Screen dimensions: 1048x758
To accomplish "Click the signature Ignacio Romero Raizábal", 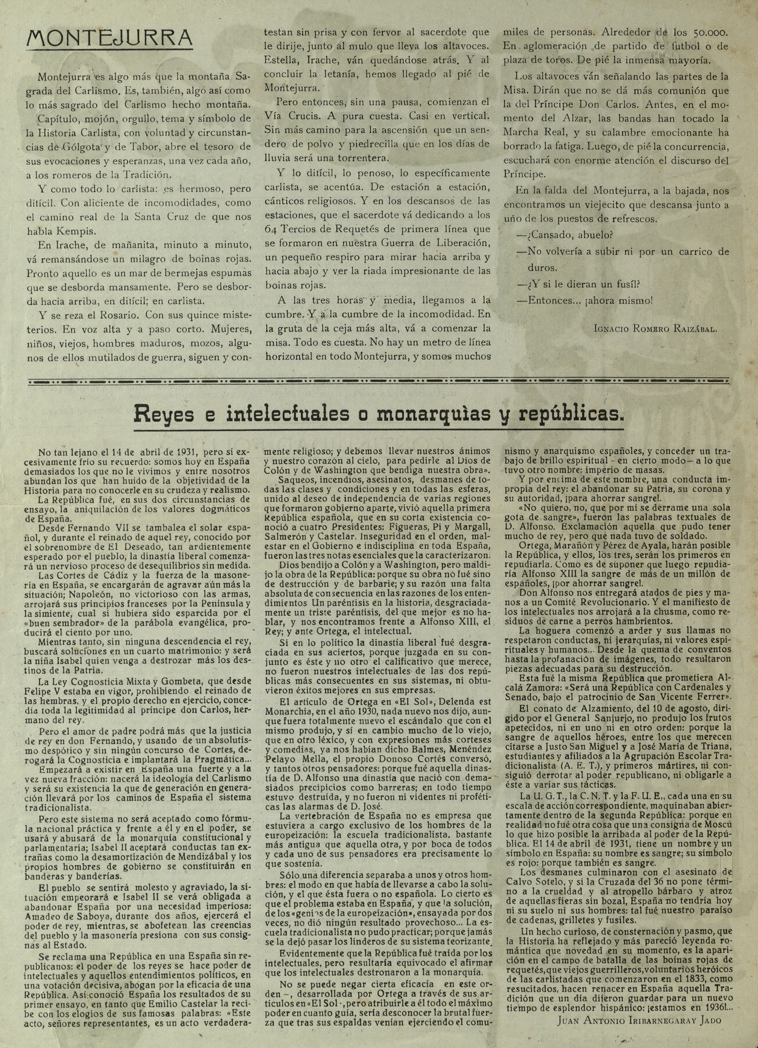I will coord(656,329).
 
